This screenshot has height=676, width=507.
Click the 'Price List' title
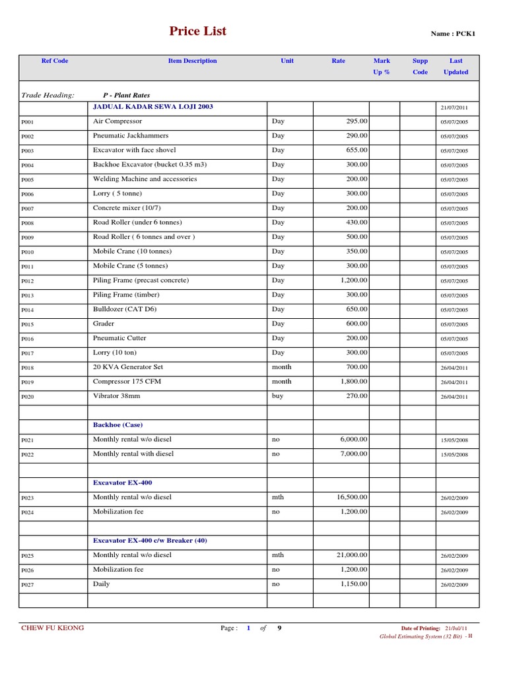coord(197,31)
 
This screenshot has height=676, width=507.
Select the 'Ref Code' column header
coord(55,61)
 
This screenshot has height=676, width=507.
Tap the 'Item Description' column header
coord(192,61)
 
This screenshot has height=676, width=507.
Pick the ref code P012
coord(27,281)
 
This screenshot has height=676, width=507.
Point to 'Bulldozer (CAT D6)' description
coord(125,309)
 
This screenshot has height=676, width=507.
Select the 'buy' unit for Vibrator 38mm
coord(277,396)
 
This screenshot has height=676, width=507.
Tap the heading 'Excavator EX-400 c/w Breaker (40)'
coord(150,541)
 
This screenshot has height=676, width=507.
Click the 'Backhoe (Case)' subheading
coord(118,425)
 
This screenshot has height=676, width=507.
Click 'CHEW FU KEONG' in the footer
coord(53,628)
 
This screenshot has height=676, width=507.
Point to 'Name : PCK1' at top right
coord(453,34)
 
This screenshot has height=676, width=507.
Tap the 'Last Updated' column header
coord(456,66)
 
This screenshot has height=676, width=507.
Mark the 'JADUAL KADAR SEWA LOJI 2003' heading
coord(153,106)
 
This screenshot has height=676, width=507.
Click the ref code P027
coord(27,585)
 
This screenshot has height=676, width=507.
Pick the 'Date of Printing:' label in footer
coord(421,628)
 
